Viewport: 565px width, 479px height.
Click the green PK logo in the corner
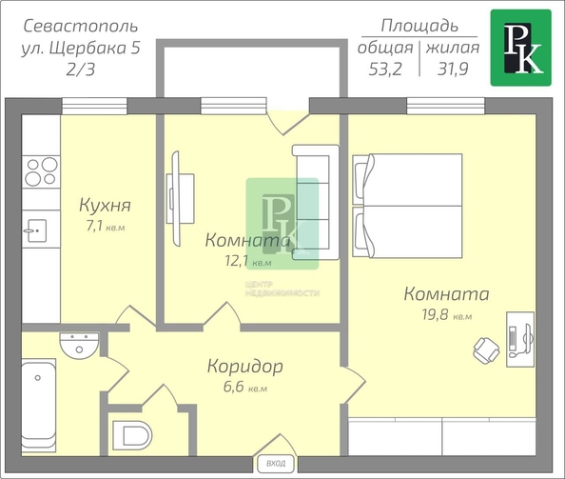(x=520, y=48)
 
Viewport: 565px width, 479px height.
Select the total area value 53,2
(x=385, y=68)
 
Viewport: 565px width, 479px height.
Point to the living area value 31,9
(x=452, y=68)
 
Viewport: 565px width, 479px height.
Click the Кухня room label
(x=104, y=206)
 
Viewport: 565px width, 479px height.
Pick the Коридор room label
(x=244, y=367)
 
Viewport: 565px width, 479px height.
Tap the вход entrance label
(x=276, y=465)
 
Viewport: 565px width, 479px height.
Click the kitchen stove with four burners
(x=40, y=171)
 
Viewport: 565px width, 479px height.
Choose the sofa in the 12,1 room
(x=315, y=203)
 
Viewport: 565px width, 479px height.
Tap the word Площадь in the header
(x=419, y=25)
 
